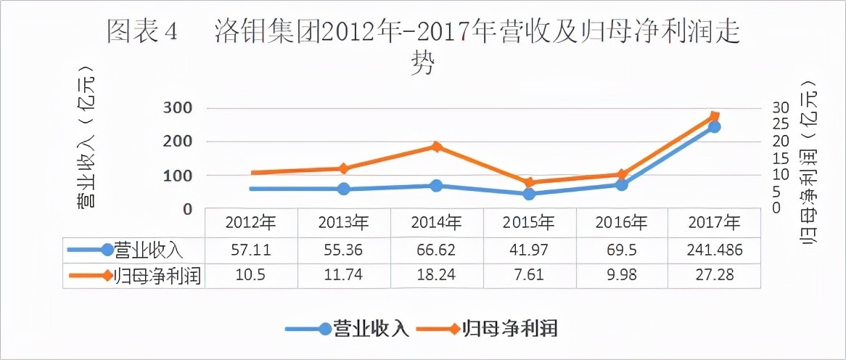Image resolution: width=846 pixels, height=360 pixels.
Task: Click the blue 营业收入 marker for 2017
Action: tap(715, 127)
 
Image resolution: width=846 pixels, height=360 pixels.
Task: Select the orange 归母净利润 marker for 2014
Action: tap(436, 147)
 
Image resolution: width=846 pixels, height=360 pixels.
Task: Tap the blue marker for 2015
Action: tap(529, 194)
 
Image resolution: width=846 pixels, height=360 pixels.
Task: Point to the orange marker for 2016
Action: tap(622, 175)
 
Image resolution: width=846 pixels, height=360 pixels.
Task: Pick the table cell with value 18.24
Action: tap(436, 276)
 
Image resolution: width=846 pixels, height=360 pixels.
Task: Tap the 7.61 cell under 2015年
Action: tap(529, 276)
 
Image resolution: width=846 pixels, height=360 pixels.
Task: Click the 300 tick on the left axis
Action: tap(177, 108)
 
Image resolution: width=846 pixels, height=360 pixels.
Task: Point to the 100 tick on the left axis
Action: tap(177, 176)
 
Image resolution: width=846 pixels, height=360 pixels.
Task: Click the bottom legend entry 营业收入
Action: tap(370, 329)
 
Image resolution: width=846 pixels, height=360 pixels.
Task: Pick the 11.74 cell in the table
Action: tap(343, 276)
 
